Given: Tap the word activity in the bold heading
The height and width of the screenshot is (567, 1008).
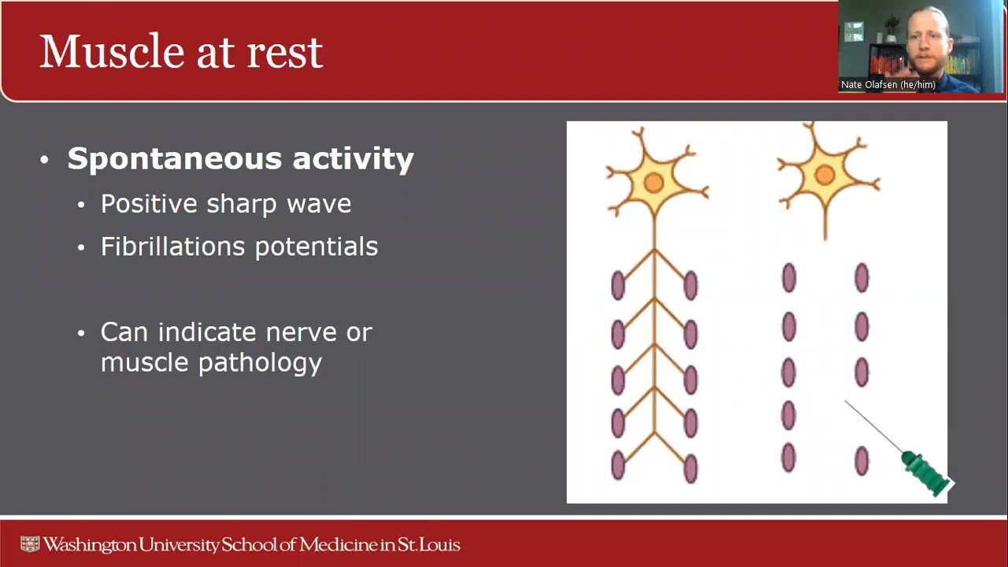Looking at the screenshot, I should point(353,159).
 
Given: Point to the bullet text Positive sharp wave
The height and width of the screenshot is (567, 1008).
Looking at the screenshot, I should point(226,204).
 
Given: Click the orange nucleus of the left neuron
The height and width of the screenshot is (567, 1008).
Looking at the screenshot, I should point(654,183).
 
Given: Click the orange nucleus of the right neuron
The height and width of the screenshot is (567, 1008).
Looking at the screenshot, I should point(825,175).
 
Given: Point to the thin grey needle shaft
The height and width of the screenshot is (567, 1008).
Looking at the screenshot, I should point(873,427).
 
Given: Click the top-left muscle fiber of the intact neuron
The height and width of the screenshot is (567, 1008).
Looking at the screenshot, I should point(618,285).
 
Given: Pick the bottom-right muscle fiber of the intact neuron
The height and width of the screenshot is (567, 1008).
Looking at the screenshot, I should point(691,468).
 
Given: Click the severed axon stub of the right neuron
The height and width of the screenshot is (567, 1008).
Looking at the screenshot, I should point(825,224).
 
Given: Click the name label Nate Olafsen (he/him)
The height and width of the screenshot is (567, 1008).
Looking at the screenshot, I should point(888,85).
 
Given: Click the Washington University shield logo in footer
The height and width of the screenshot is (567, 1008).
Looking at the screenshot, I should point(30,544).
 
